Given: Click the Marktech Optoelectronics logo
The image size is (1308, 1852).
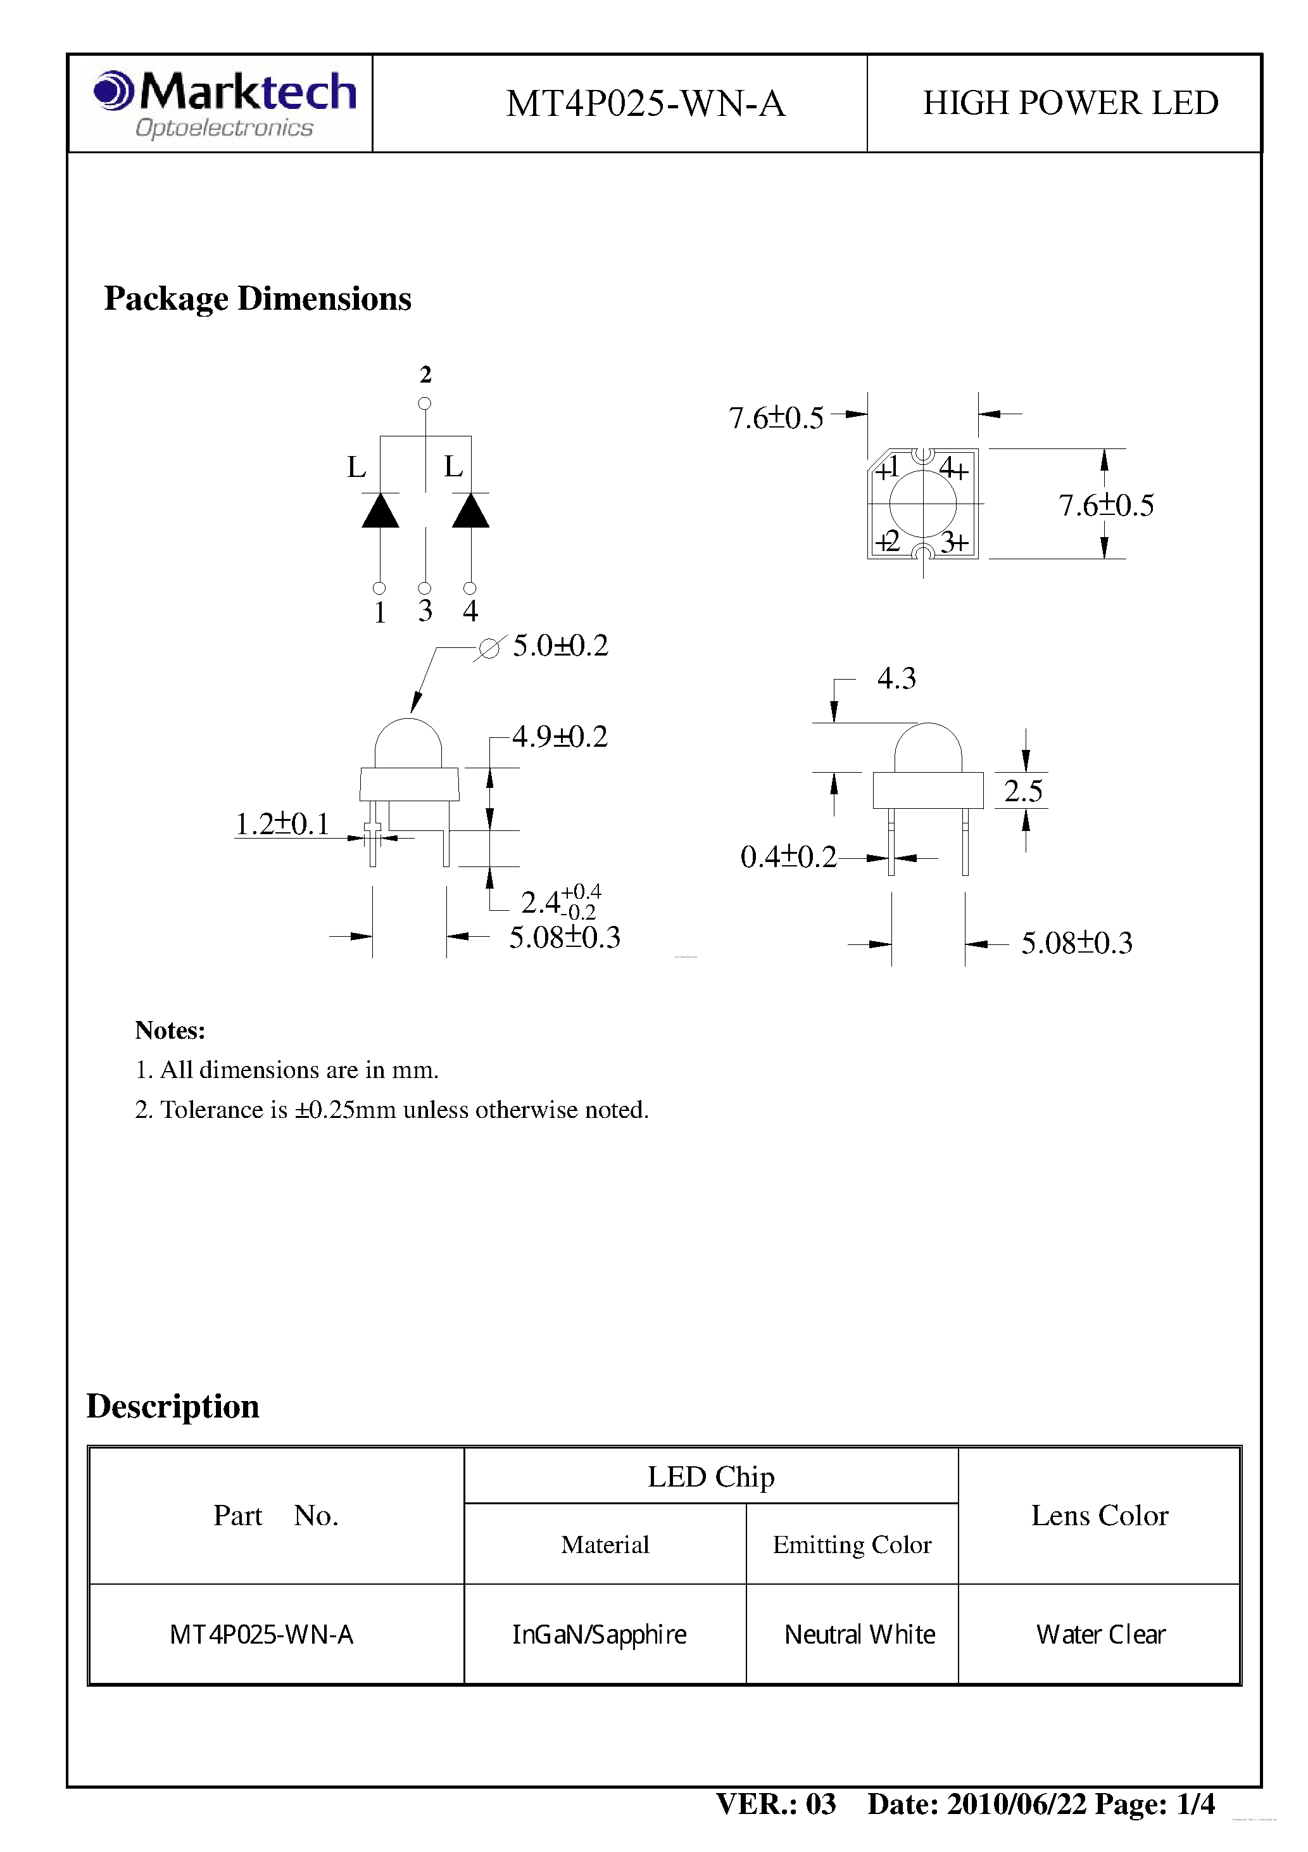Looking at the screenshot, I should [x=224, y=104].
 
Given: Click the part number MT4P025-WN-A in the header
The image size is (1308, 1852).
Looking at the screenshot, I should [x=645, y=104].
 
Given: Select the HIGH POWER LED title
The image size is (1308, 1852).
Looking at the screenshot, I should [x=1070, y=103].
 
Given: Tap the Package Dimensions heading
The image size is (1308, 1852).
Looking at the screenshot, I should [x=257, y=298].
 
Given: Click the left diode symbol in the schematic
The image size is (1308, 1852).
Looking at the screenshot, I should [x=380, y=511].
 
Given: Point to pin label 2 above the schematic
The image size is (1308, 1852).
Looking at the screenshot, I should [x=425, y=374].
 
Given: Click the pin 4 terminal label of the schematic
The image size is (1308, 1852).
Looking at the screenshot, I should [x=470, y=611].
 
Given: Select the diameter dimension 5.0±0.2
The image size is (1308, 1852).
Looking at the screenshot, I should [x=560, y=645].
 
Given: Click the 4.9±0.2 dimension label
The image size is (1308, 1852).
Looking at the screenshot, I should [x=559, y=737].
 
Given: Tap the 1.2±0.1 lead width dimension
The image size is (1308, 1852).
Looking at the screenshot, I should [x=282, y=823].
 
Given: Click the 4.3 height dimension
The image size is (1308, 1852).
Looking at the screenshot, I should [x=896, y=678].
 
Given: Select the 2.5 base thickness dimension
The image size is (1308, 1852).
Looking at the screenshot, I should [x=1022, y=790].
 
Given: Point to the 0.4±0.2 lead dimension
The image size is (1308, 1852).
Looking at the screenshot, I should [x=788, y=856].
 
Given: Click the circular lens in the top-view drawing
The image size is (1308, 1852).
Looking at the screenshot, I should [x=922, y=504].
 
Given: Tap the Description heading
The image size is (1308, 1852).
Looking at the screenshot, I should [x=173, y=1406].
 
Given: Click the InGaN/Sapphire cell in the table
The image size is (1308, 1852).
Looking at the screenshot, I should [x=599, y=1635].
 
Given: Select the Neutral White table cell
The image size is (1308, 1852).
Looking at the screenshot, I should [x=859, y=1635].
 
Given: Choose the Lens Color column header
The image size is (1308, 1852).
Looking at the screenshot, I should [x=1099, y=1516].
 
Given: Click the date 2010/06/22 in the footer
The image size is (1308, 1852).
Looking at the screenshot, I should [x=1016, y=1804].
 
